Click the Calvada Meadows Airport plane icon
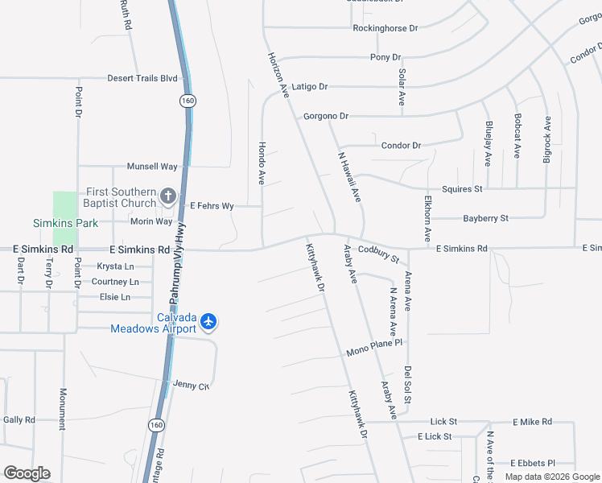point(209,322)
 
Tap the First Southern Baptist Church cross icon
point(168,196)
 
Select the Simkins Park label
point(65,222)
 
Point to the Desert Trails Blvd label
point(142,79)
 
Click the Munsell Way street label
point(152,167)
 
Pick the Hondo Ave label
point(262,163)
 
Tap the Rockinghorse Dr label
point(386,28)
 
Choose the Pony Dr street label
point(386,57)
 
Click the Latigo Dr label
point(310,86)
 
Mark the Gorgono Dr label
point(326,117)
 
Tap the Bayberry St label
point(485,218)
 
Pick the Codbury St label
point(378,254)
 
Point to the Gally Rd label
point(19,420)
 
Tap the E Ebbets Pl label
point(534,464)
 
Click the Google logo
point(27,473)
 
